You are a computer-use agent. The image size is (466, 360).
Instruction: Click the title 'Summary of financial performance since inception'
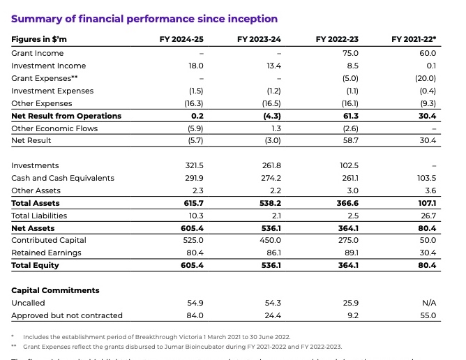[144, 19]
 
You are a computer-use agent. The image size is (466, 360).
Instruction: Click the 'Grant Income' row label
[37, 53]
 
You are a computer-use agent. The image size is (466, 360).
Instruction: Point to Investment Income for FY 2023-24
[271, 66]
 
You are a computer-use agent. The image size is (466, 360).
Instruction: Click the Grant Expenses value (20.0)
[425, 78]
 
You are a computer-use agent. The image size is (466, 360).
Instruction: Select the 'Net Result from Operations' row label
[66, 116]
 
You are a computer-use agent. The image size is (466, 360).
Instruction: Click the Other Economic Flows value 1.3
[273, 128]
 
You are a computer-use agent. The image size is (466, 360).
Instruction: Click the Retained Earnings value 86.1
[271, 253]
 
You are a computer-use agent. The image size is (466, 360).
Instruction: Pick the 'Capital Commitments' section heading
[55, 290]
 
